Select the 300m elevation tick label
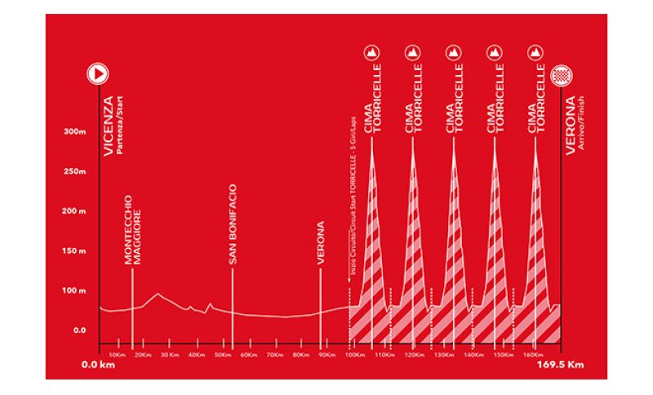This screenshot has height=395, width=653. [75, 131]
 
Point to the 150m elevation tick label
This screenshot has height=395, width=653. [75, 251]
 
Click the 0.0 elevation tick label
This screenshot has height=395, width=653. [79, 330]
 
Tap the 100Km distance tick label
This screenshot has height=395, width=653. [353, 355]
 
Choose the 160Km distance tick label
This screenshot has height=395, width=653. [532, 355]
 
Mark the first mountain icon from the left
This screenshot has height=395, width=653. [372, 53]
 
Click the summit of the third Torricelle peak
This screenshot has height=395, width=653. [454, 140]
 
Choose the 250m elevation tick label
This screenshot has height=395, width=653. [75, 171]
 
